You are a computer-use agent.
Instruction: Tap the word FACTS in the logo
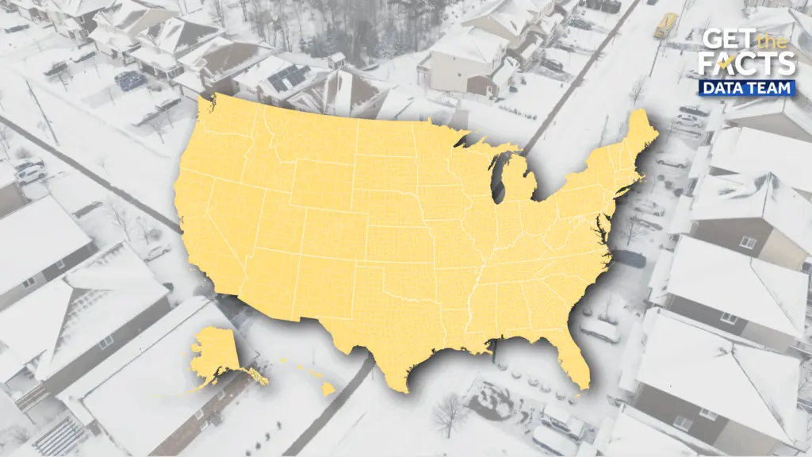point(749,65)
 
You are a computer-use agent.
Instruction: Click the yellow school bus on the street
point(665,25)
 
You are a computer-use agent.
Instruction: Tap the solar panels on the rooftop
point(289,78)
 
